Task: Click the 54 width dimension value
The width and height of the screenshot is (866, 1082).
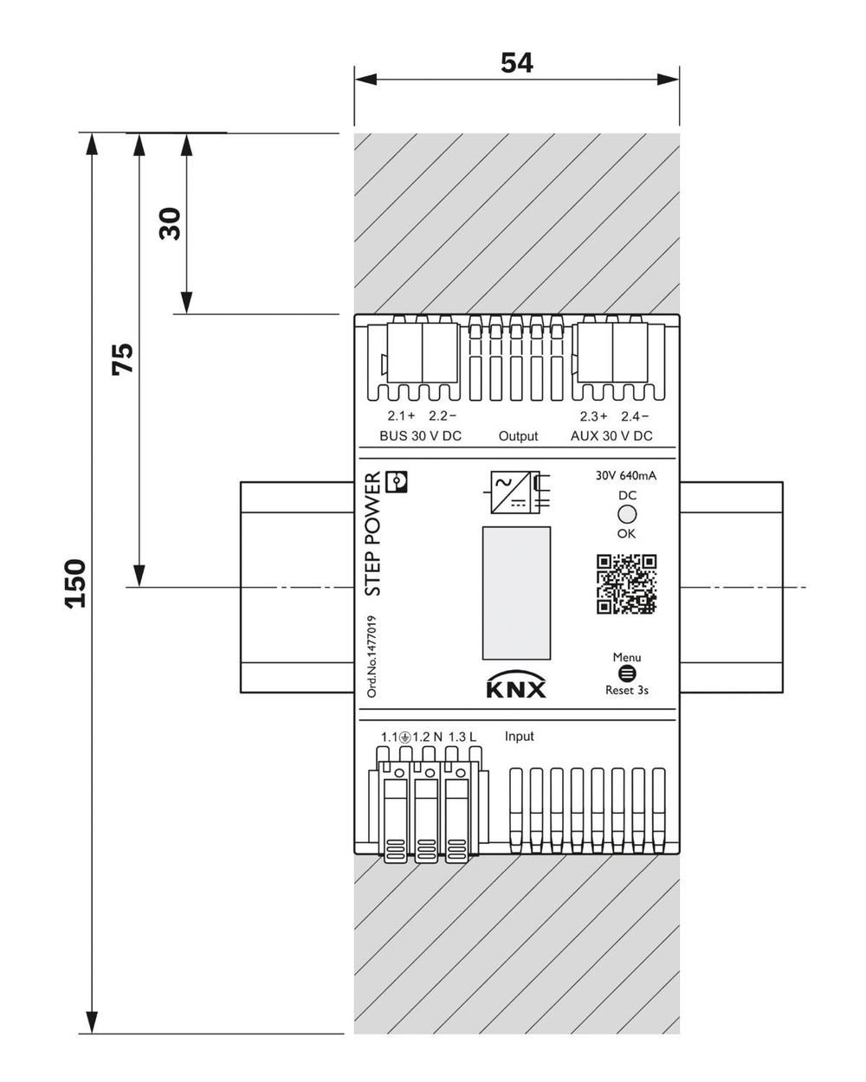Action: [517, 62]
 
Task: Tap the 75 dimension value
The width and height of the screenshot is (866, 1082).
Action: [123, 358]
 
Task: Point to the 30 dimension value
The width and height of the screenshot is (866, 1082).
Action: [170, 223]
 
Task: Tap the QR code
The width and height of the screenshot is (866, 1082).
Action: [626, 584]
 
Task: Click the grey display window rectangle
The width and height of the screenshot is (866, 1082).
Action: [516, 593]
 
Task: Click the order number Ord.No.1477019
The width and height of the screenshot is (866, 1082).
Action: [372, 656]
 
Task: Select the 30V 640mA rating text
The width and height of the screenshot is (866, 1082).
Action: [626, 475]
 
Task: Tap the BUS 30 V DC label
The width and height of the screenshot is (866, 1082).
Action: [421, 436]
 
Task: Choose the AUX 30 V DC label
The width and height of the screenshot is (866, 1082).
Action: [611, 436]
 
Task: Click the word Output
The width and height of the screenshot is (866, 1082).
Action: [518, 436]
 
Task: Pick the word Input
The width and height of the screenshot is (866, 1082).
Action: [520, 737]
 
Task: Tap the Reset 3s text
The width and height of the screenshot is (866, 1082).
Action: [627, 691]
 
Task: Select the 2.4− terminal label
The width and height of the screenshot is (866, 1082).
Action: [635, 415]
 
